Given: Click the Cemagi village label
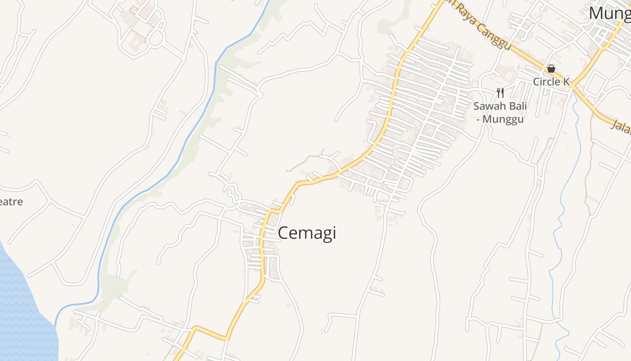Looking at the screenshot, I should point(307,233).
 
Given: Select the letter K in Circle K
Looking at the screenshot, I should point(566,82).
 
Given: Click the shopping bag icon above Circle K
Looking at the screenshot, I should point(551,69).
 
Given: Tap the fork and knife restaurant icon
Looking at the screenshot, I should point(500,93).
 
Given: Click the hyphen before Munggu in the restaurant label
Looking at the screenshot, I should point(479,119).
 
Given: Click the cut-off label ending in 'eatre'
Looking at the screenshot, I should point(11,202).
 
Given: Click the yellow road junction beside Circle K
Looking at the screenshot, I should point(572,85).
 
